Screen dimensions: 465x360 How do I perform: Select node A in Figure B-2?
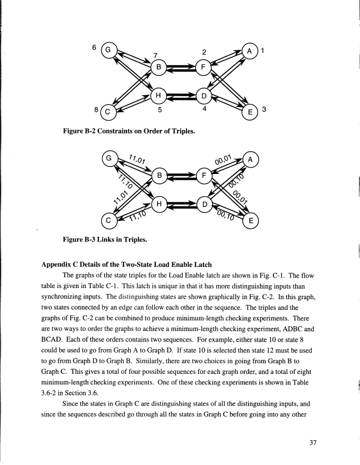pyautogui.click(x=251, y=51)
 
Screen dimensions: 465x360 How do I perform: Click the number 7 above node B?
pyautogui.click(x=155, y=56)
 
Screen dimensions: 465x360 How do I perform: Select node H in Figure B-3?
pyautogui.click(x=158, y=204)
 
